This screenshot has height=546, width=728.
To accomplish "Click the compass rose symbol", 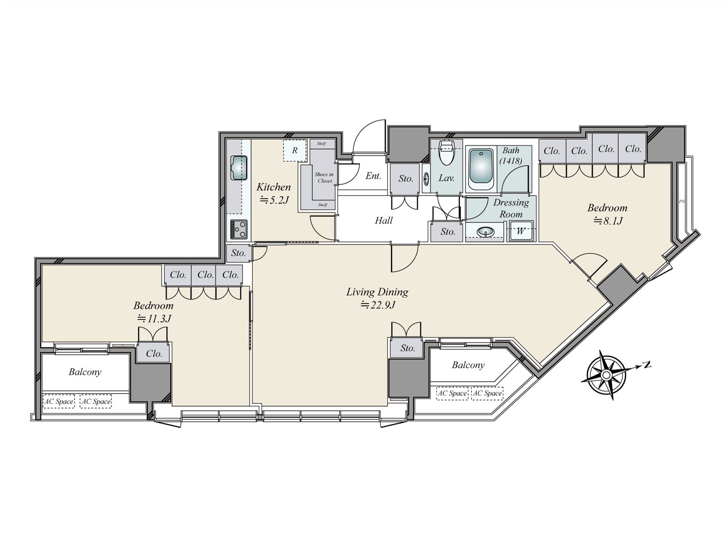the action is point(606,375).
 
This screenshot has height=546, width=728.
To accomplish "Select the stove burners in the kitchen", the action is point(239,229).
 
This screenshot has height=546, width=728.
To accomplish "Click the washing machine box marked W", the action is point(521,231).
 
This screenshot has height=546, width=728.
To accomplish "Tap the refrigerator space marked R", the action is point(294,151).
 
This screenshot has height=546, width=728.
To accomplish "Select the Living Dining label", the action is point(377,292).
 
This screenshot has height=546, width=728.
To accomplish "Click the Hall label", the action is point(384,221).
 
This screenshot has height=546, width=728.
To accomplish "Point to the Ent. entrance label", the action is point(373,176).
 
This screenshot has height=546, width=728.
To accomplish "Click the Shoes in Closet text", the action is point(324,177).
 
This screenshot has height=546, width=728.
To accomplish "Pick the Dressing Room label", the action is point(511,208).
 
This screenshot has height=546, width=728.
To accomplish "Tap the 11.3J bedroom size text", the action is point(154,318).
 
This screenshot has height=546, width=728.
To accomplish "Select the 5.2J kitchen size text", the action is point(274,200).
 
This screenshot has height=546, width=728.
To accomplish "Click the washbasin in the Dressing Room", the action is point(485,232).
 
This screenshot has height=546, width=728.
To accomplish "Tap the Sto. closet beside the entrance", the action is point(405,179).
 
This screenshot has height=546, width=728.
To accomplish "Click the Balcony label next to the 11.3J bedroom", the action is point(85,372).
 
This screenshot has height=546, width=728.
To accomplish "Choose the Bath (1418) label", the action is point(511,156).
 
